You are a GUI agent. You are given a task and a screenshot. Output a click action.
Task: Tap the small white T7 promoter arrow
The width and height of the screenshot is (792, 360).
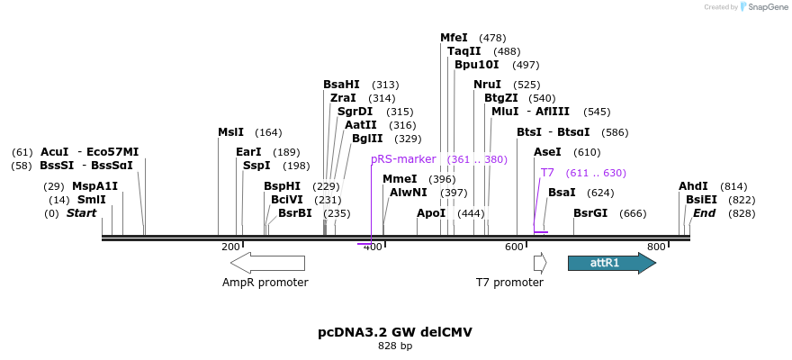point(540,263)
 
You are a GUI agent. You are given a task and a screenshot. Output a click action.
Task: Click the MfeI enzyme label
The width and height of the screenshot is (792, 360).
point(454,38)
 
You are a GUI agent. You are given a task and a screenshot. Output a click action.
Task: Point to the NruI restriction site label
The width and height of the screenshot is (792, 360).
point(487,85)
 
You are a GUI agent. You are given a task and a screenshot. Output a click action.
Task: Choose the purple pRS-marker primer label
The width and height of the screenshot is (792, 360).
point(403,159)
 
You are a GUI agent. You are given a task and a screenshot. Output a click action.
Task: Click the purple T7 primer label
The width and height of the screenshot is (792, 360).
point(547,173)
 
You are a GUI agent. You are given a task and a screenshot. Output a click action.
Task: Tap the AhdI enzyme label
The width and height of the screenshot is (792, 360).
point(693,186)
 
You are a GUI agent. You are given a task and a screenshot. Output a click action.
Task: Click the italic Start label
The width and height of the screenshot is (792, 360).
point(81,213)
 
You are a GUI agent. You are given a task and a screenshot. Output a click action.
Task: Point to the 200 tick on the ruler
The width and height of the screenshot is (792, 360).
point(230,247)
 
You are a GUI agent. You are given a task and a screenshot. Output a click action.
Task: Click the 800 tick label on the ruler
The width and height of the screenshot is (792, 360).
point(656,247)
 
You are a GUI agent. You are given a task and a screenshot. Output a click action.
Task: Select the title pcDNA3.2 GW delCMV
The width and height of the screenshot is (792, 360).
point(395,332)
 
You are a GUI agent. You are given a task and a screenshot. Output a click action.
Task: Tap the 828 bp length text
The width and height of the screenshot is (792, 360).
point(395,346)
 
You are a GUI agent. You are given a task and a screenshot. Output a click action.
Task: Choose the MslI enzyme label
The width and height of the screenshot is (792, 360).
point(230,132)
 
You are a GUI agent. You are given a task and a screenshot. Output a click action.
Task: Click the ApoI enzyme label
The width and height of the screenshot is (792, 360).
point(431,213)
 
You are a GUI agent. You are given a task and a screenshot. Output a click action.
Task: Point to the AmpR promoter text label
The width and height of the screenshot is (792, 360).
point(265,283)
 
